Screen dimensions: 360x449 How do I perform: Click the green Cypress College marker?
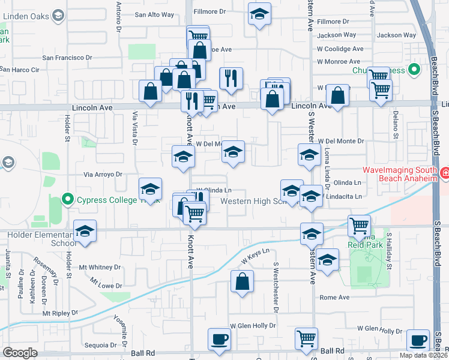(x=67, y=200)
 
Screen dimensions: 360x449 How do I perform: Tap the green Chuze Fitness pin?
(x=414, y=71)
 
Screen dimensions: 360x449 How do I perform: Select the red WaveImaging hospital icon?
(x=445, y=175)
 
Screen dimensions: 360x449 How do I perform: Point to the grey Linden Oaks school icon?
(x=58, y=14)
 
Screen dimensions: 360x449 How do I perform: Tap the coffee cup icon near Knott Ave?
(x=219, y=339)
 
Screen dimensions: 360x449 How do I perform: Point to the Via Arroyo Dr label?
(x=103, y=175)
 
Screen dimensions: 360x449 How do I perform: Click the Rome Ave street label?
(x=334, y=297)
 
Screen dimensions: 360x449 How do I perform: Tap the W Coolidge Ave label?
(x=340, y=49)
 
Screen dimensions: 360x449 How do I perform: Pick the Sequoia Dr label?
(x=101, y=345)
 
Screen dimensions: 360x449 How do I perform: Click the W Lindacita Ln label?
(x=342, y=196)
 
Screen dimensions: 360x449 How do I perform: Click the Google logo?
(x=20, y=353)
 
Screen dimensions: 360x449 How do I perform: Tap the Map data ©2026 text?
(x=424, y=355)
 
